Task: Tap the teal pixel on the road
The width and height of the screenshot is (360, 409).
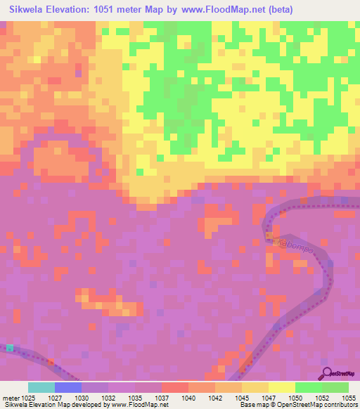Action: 10,347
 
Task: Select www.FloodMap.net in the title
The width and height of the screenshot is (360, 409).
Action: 212,10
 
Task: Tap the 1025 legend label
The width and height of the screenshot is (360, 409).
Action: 28,398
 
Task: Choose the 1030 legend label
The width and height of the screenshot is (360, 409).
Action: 82,398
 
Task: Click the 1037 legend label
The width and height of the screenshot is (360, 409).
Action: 161,398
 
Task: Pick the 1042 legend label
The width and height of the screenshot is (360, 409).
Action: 215,398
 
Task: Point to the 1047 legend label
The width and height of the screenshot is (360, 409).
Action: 269,398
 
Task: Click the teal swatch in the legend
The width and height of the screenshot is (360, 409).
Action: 41,387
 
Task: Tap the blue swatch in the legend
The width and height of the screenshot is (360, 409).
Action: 68,387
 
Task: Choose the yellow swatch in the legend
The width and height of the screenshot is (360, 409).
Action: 282,387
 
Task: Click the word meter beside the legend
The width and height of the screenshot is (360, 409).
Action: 11,398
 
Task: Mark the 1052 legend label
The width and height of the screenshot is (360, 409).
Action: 321,398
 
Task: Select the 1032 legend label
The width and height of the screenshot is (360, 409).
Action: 108,398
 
